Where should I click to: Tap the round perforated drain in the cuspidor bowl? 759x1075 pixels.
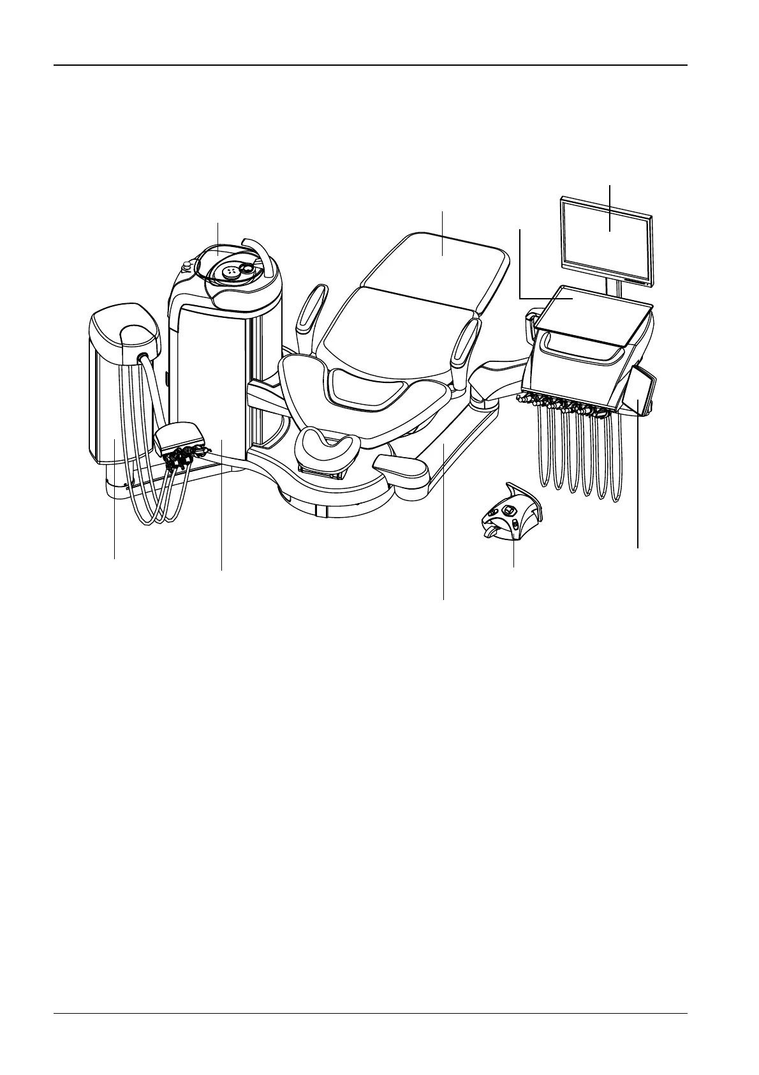230,271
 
